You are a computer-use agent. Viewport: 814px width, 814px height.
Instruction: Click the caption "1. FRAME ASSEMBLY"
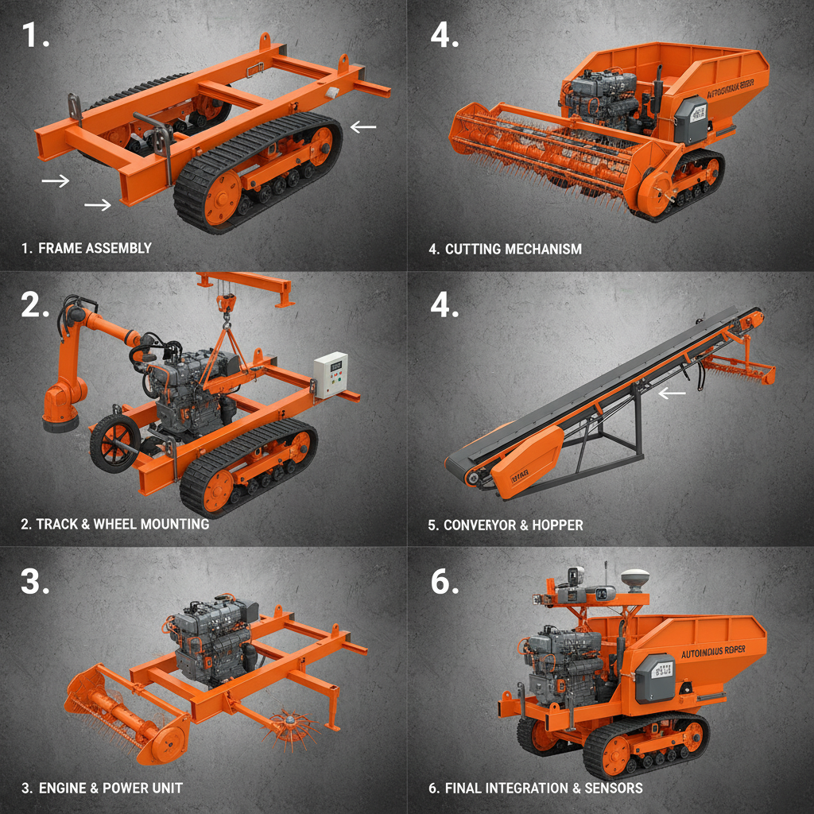pyautogui.click(x=86, y=248)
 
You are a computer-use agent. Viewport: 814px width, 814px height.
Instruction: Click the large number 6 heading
pyautogui.click(x=444, y=582)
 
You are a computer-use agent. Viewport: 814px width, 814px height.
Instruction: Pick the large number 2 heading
pyautogui.click(x=36, y=305)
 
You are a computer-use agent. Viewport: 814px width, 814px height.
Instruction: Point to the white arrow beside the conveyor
pyautogui.click(x=673, y=392)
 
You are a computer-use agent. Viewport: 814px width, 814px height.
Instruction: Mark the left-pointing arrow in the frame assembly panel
pyautogui.click(x=364, y=126)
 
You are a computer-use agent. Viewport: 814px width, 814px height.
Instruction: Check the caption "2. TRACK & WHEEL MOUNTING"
pyautogui.click(x=114, y=524)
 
